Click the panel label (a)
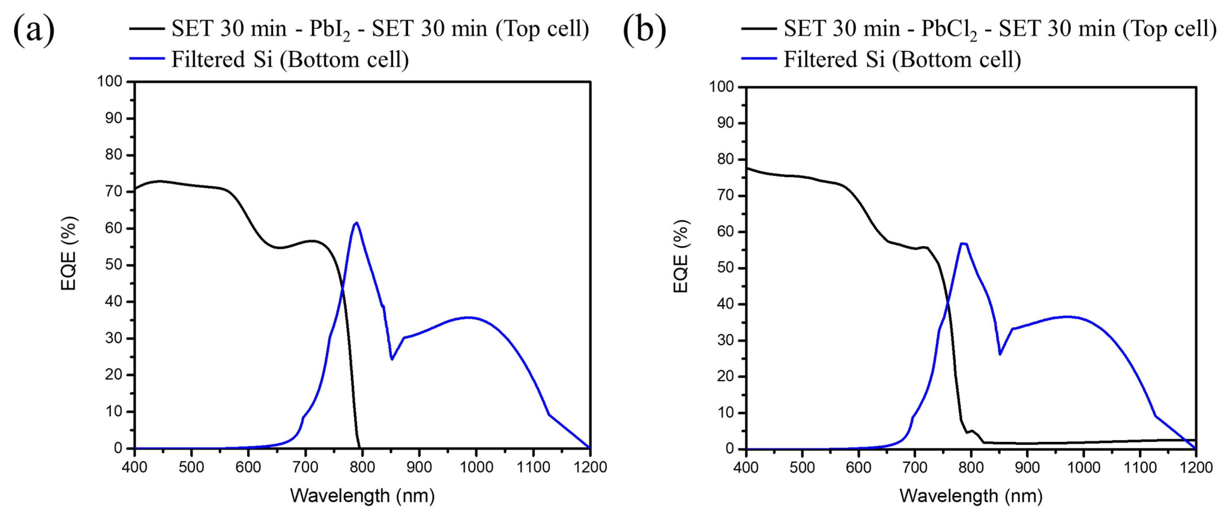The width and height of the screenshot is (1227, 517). pyautogui.click(x=33, y=30)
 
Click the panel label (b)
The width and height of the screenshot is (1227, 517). pyautogui.click(x=644, y=30)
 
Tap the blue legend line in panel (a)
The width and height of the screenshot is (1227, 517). pyautogui.click(x=147, y=59)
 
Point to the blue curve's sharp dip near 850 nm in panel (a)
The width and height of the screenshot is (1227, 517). pyautogui.click(x=391, y=359)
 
